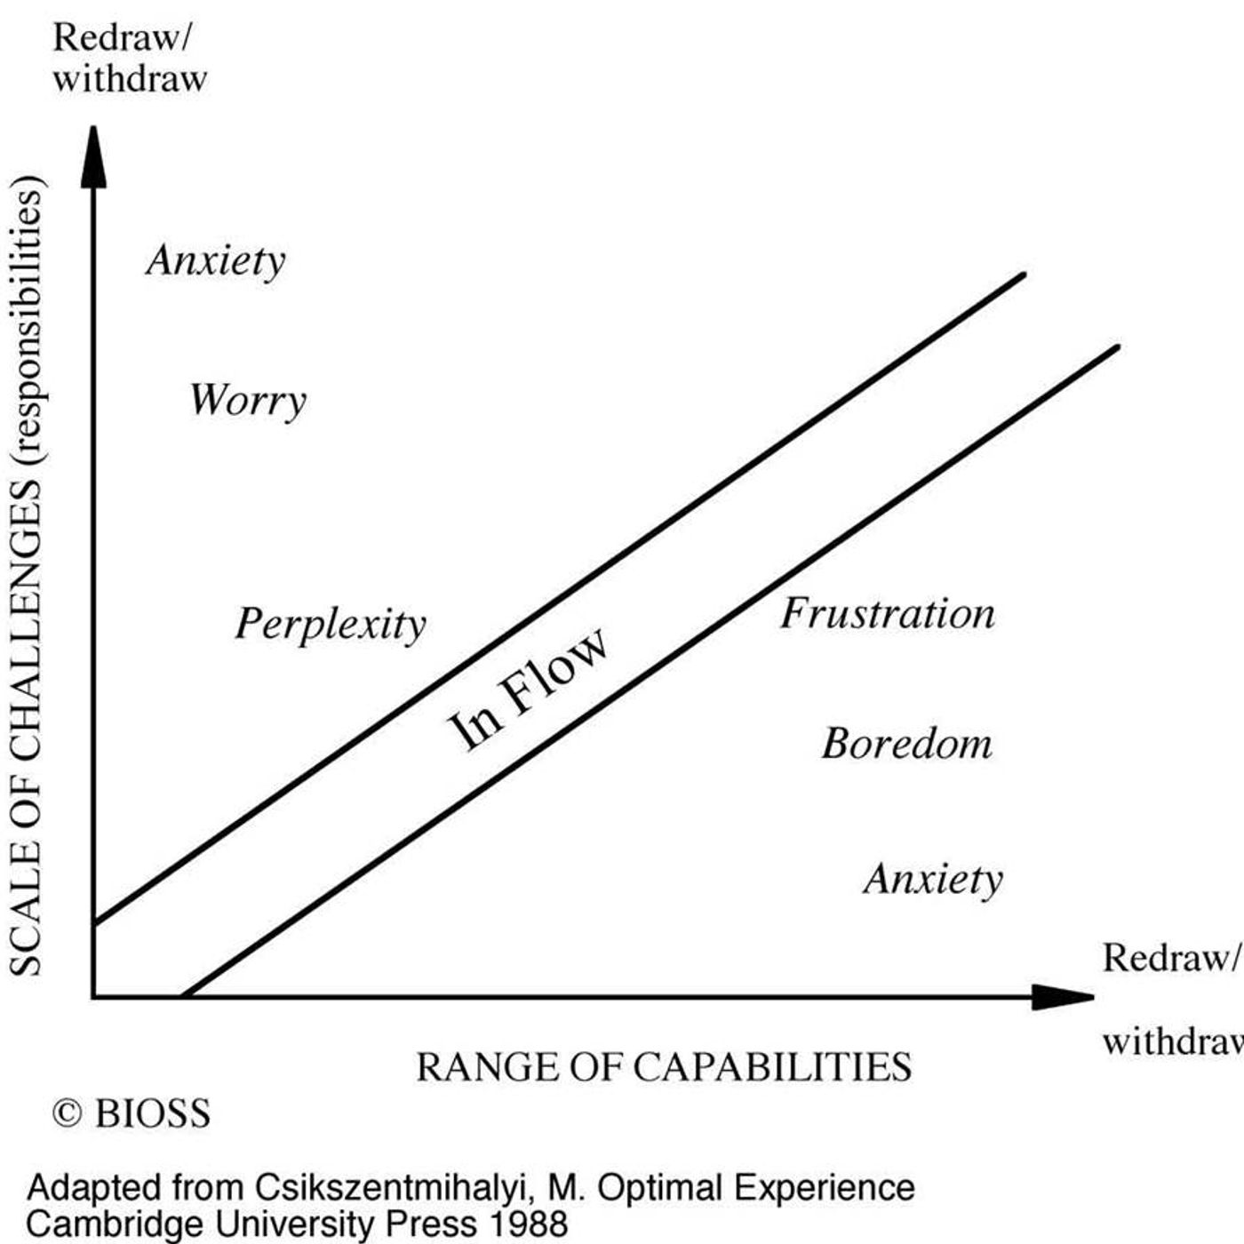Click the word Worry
(x=248, y=401)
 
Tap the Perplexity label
(x=331, y=625)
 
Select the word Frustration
(x=888, y=614)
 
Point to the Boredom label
(x=907, y=744)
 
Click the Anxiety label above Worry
(x=216, y=262)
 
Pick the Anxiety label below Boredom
(x=934, y=881)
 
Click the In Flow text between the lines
(x=528, y=690)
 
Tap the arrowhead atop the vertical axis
(x=93, y=157)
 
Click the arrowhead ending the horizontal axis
(x=1063, y=997)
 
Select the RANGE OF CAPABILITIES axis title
(x=665, y=1068)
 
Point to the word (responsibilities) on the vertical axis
(x=27, y=318)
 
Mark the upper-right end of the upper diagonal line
(x=1025, y=275)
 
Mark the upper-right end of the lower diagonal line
(x=1118, y=347)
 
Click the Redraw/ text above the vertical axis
(x=122, y=38)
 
